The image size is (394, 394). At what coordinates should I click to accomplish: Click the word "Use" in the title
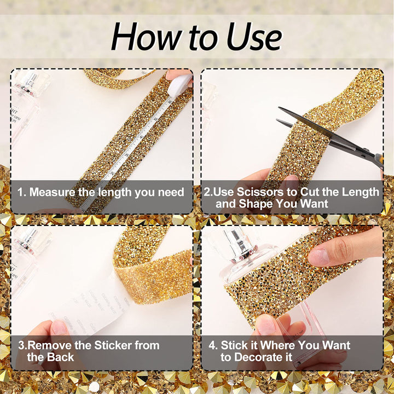click(254, 37)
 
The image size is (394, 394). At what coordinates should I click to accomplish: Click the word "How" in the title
click(146, 37)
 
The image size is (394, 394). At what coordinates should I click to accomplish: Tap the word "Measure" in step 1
click(53, 192)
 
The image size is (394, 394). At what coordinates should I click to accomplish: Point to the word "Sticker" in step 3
click(113, 345)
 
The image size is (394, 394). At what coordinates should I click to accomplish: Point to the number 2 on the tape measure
click(112, 173)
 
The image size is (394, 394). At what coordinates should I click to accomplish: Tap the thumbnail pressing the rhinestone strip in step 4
click(318, 257)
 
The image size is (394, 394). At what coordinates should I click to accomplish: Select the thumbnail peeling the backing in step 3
click(59, 327)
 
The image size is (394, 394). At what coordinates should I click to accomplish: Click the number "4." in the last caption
click(213, 345)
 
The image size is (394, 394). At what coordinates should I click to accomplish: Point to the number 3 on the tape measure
click(126, 155)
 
